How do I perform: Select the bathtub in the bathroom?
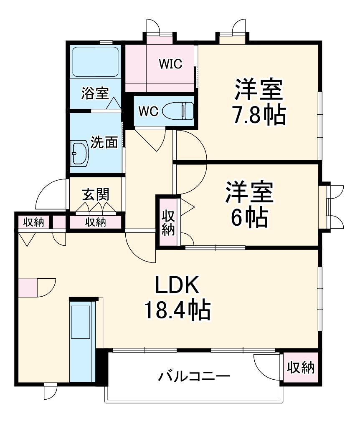tap(96, 61)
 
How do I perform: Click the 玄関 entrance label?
tap(96, 194)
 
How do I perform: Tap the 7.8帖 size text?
tap(259, 115)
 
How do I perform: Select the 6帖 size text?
tap(250, 216)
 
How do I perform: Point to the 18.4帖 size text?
tap(177, 310)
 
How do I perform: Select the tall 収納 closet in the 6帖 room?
tap(168, 223)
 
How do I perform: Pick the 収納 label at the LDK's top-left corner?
tap(33, 222)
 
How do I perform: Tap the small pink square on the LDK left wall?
tap(28, 287)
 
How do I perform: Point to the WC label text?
tap(148, 111)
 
